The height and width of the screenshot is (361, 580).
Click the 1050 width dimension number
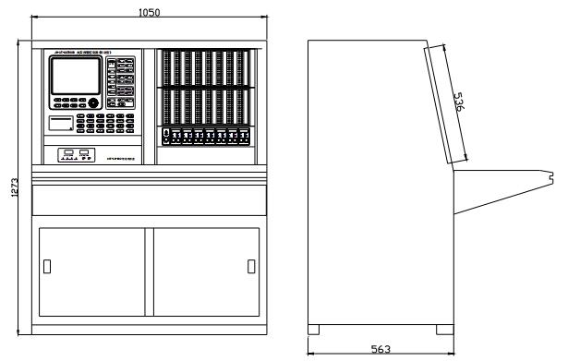(x=148, y=12)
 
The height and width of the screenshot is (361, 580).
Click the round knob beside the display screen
(x=92, y=103)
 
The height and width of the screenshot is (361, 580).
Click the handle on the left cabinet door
(x=47, y=267)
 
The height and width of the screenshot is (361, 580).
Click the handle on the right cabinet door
(x=250, y=267)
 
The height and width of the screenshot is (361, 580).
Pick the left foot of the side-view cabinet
(x=314, y=329)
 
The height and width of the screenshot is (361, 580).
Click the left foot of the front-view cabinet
(x=36, y=328)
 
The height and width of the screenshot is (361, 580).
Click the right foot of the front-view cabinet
(x=261, y=328)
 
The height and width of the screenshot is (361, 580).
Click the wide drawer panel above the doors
(x=149, y=199)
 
